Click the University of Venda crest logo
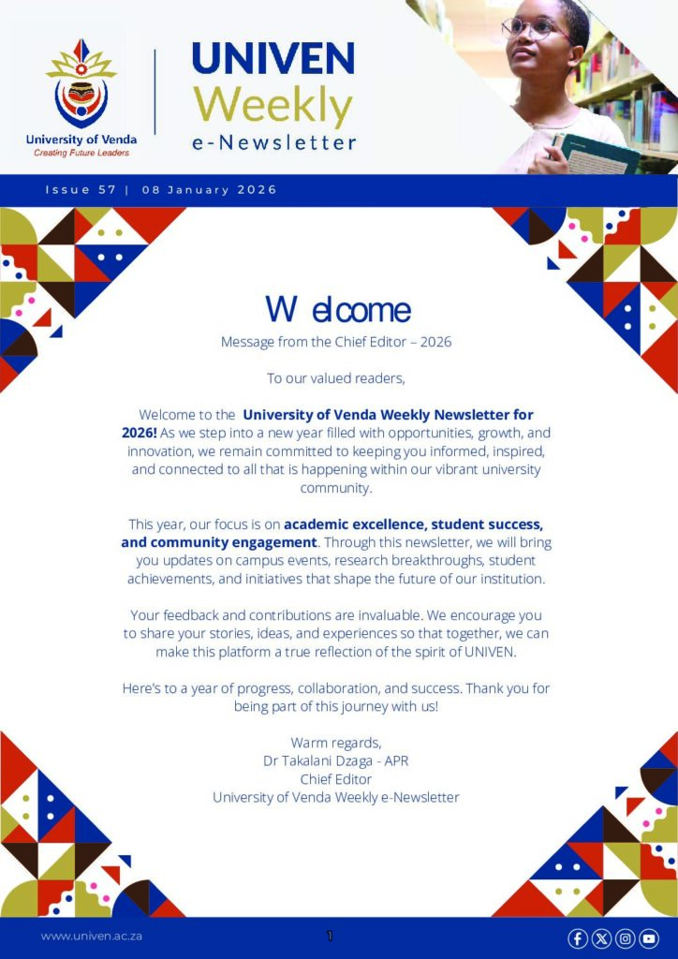(81, 85)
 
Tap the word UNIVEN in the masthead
(273, 58)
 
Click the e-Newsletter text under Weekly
(274, 142)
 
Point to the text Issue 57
(81, 190)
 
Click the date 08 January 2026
(210, 190)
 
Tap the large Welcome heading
(337, 309)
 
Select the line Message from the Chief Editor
(336, 342)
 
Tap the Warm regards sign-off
(336, 744)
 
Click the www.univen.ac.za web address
(92, 936)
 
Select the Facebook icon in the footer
(578, 938)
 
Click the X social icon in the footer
(601, 938)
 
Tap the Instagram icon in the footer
(625, 938)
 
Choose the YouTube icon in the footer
(648, 938)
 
